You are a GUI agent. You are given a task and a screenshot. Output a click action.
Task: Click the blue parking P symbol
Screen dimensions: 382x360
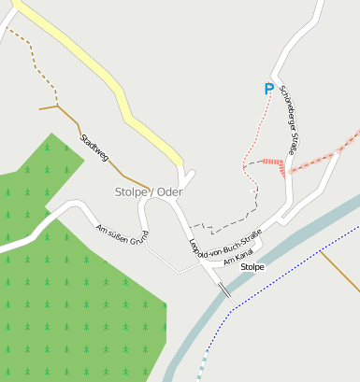coord(269,90)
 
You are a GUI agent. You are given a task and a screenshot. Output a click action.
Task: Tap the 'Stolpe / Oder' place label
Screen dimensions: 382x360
coord(149,192)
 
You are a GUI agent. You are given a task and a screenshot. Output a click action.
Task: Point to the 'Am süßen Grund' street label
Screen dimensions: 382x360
coord(122,234)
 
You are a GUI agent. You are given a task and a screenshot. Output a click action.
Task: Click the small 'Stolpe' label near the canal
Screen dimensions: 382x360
coord(252,267)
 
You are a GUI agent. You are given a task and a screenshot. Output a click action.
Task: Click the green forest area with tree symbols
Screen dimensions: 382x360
coord(75,299)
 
